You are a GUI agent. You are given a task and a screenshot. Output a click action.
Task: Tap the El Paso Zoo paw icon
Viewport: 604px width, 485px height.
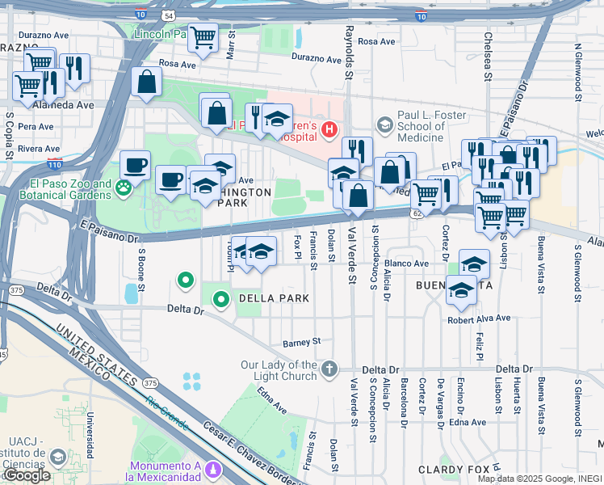pyautogui.click(x=123, y=189)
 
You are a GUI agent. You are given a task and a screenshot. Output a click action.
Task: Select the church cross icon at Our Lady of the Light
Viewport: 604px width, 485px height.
pyautogui.click(x=329, y=369)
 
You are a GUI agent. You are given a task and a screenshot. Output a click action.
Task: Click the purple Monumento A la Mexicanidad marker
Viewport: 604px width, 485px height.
pyautogui.click(x=213, y=468)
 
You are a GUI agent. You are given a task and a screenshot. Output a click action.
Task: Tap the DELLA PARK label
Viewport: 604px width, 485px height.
pyautogui.click(x=273, y=298)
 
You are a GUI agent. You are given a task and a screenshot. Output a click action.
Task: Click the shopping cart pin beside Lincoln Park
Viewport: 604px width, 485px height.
pyautogui.click(x=203, y=37)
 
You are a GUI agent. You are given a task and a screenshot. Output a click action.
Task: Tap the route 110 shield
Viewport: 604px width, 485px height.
pyautogui.click(x=54, y=164)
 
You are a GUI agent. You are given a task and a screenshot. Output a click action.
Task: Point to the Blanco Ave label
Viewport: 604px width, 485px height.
pyautogui.click(x=407, y=264)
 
